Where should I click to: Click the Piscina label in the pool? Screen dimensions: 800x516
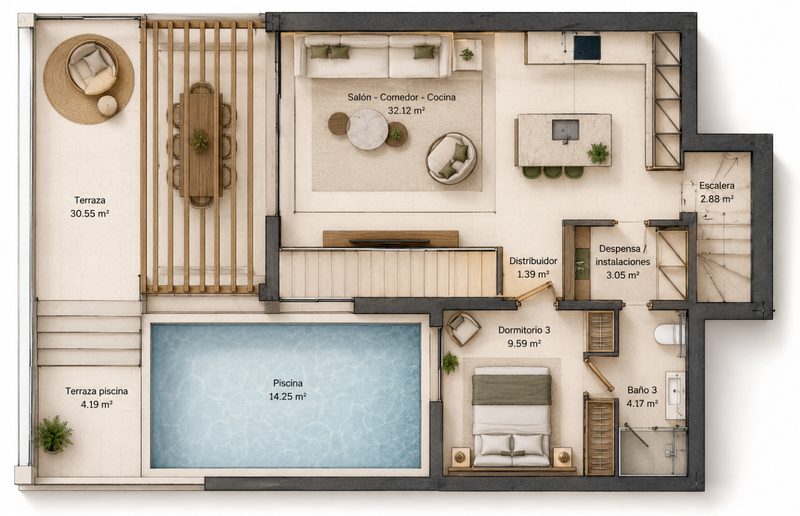pyautogui.click(x=288, y=383)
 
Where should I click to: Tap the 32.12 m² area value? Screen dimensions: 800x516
pyautogui.click(x=406, y=111)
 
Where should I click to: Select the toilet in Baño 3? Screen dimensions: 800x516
pyautogui.click(x=667, y=334)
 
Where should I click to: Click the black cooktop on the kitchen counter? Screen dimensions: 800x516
pyautogui.click(x=587, y=47)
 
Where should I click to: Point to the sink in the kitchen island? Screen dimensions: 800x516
pyautogui.click(x=565, y=130)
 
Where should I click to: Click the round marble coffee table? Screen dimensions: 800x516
pyautogui.click(x=367, y=129)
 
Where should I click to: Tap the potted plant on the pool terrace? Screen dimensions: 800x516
pyautogui.click(x=53, y=434)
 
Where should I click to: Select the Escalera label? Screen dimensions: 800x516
pyautogui.click(x=717, y=186)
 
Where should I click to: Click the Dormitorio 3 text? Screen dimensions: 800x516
pyautogui.click(x=524, y=330)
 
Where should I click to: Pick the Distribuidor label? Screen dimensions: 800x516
pyautogui.click(x=533, y=261)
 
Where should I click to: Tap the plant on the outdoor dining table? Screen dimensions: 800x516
pyautogui.click(x=200, y=141)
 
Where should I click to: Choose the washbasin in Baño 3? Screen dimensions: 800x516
pyautogui.click(x=675, y=395)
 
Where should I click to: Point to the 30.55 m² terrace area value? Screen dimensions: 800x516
pyautogui.click(x=89, y=213)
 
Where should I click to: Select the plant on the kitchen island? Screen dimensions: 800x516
pyautogui.click(x=598, y=153)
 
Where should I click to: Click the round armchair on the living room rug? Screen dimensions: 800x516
pyautogui.click(x=451, y=158)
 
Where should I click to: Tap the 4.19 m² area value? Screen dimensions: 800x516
pyautogui.click(x=97, y=404)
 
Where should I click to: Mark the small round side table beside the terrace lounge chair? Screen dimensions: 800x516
pyautogui.click(x=108, y=106)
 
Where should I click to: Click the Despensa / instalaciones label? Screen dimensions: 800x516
pyautogui.click(x=622, y=255)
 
